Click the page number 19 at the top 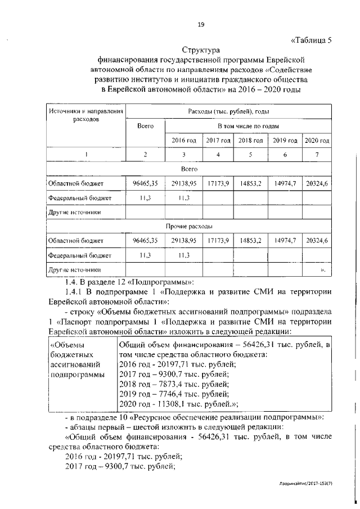(x=200, y=24)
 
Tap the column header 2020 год (x=317, y=139)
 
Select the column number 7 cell (x=317, y=154)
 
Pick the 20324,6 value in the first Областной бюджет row (x=317, y=183)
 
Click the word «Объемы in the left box (x=67, y=345)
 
